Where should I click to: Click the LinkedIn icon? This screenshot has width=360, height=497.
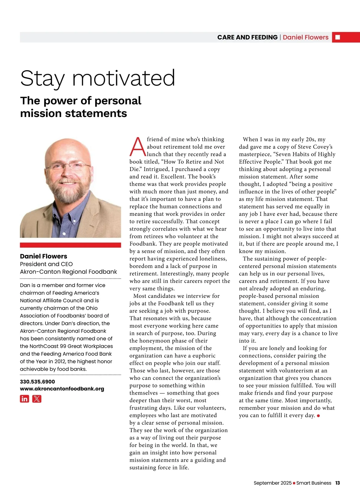[25, 399]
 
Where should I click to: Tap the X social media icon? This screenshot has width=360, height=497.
[37, 399]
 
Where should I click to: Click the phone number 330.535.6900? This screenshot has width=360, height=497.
[37, 382]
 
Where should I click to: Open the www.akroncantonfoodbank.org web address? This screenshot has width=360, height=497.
[62, 389]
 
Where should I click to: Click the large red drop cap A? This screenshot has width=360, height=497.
[137, 147]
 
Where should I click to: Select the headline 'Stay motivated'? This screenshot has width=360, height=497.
[97, 78]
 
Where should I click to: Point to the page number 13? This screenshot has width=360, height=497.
[337, 483]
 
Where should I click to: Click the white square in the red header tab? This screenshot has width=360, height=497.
[337, 37]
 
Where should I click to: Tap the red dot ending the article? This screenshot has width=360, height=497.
[318, 416]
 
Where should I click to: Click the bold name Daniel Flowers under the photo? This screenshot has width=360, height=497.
[43, 256]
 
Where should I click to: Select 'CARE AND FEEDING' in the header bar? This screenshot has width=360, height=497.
[247, 37]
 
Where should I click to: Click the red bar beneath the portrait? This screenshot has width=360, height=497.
[70, 245]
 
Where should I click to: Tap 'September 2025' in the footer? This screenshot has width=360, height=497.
[272, 483]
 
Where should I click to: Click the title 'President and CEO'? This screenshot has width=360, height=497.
[46, 264]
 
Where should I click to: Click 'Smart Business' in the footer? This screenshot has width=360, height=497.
[314, 483]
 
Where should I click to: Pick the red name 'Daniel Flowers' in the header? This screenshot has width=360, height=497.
[305, 37]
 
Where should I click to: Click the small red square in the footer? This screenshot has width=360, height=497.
[294, 483]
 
